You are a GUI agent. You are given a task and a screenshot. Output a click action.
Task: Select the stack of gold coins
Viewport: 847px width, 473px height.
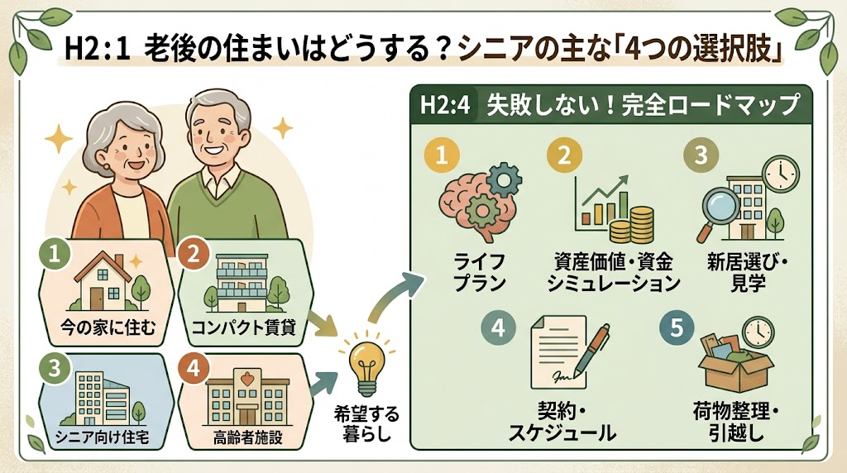click(632, 225)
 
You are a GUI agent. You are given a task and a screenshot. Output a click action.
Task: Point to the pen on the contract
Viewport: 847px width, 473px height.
click(592, 350)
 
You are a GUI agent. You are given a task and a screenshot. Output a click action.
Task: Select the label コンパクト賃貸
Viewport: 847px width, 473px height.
click(244, 327)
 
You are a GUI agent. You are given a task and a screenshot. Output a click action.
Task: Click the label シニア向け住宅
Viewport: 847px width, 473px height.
click(102, 437)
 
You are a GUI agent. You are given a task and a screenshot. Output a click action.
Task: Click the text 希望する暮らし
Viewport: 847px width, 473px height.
click(366, 423)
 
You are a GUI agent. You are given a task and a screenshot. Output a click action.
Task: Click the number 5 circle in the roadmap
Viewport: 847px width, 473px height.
click(677, 327)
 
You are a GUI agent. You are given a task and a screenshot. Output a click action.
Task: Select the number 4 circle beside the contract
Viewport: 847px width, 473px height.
click(498, 327)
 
